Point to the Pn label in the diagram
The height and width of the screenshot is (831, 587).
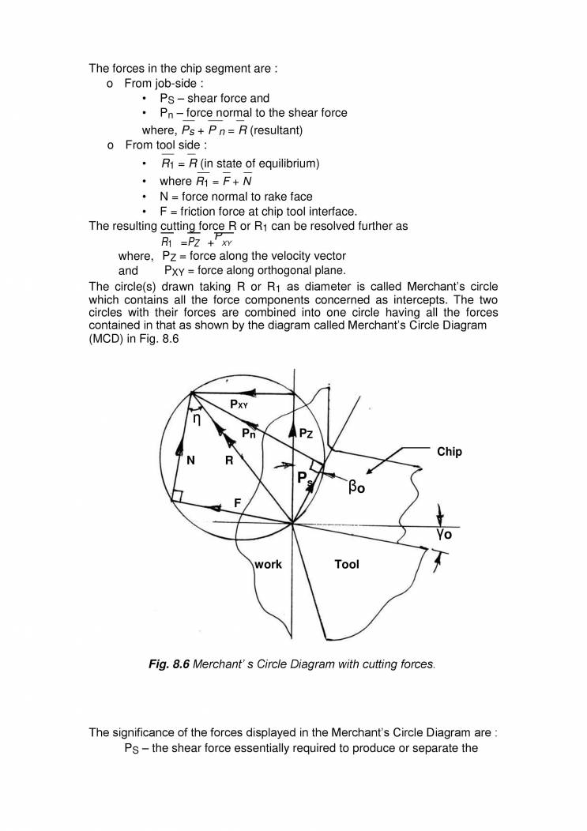(248, 433)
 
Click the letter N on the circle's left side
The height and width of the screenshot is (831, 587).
(190, 463)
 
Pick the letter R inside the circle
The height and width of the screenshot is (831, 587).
(228, 462)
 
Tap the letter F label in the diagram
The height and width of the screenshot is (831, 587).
(237, 502)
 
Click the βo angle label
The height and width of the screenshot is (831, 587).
(356, 487)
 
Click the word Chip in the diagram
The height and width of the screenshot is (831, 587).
(449, 452)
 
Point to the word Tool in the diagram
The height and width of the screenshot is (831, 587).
(347, 565)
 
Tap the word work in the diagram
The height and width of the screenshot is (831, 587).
(268, 566)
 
